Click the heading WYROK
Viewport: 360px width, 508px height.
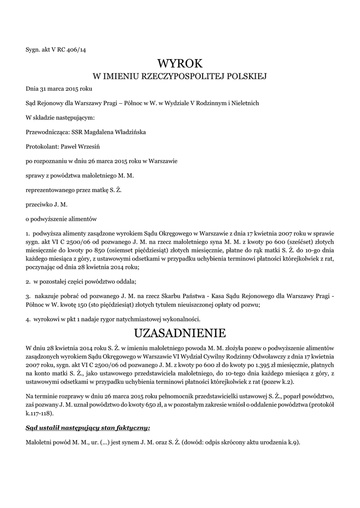(180, 63)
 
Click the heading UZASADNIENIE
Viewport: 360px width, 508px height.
(180, 332)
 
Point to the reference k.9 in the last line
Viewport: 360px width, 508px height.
(293, 442)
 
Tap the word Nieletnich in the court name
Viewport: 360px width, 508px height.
(243, 103)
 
